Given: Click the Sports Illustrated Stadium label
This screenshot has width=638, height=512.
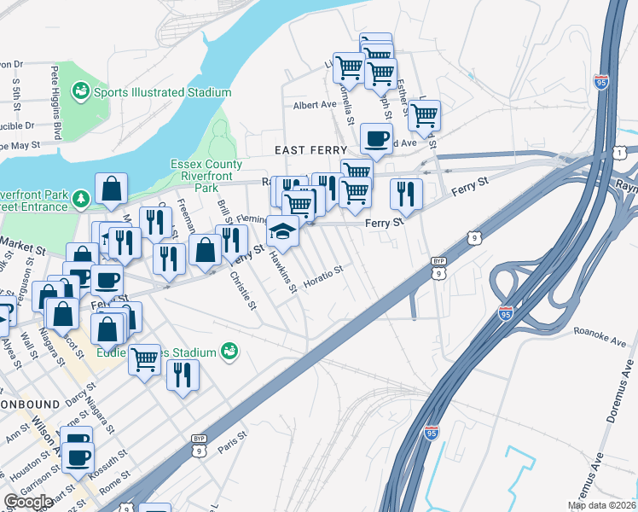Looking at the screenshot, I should tap(162, 92).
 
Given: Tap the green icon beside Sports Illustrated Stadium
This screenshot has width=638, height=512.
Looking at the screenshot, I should tap(82, 90).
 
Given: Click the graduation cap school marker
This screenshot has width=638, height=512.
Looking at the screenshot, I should tap(282, 231).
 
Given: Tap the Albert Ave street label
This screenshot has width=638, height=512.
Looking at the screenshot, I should tap(315, 106).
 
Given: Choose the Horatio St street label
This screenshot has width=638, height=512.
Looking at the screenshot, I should tap(323, 276).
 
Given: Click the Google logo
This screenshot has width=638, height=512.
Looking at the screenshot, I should tap(28, 502).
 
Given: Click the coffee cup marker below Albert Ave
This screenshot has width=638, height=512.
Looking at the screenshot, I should tap(375, 139).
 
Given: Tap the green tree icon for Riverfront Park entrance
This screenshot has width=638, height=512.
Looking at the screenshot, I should tap(81, 198).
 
